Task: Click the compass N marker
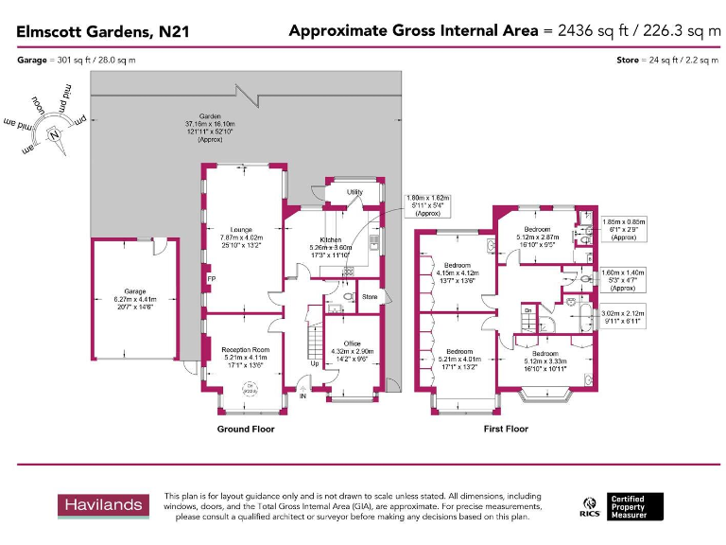[55, 133]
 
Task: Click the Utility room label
[354, 192]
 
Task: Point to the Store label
[369, 297]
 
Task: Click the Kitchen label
[331, 240]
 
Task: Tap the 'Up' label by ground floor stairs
[314, 363]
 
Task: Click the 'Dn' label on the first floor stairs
[529, 309]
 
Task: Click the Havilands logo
[103, 506]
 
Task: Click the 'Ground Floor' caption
[246, 429]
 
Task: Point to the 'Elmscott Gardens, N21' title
[103, 31]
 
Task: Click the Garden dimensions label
[203, 128]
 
